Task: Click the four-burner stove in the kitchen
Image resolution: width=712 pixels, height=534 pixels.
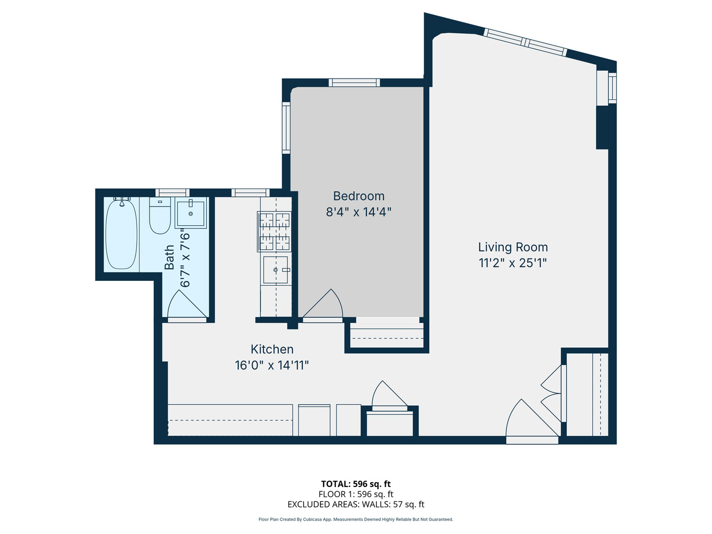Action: click(x=275, y=232)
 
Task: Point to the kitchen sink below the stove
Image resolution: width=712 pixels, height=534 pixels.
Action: click(x=276, y=270)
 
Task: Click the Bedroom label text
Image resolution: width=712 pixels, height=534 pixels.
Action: click(x=358, y=196)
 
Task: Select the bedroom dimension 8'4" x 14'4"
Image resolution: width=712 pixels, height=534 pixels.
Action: click(x=358, y=212)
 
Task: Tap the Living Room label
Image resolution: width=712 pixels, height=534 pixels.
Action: click(x=513, y=247)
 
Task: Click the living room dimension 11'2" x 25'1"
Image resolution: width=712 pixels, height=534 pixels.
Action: click(x=513, y=263)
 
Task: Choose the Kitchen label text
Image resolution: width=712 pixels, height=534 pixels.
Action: click(x=272, y=349)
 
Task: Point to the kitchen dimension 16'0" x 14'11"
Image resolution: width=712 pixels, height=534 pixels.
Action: click(x=272, y=366)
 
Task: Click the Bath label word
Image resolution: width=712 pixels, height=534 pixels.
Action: click(x=169, y=257)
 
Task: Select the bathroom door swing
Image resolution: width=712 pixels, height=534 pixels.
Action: click(x=186, y=306)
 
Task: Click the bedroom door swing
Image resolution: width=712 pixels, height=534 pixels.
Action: click(x=324, y=305)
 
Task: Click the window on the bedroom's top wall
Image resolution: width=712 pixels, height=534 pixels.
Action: click(x=354, y=83)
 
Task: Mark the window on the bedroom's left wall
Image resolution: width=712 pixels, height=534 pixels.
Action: click(x=286, y=128)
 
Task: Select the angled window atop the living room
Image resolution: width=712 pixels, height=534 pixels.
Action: click(x=525, y=42)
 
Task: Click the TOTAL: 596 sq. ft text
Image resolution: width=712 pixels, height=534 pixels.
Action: click(x=356, y=484)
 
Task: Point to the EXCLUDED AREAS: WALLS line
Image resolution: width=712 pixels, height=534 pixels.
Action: click(x=356, y=504)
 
